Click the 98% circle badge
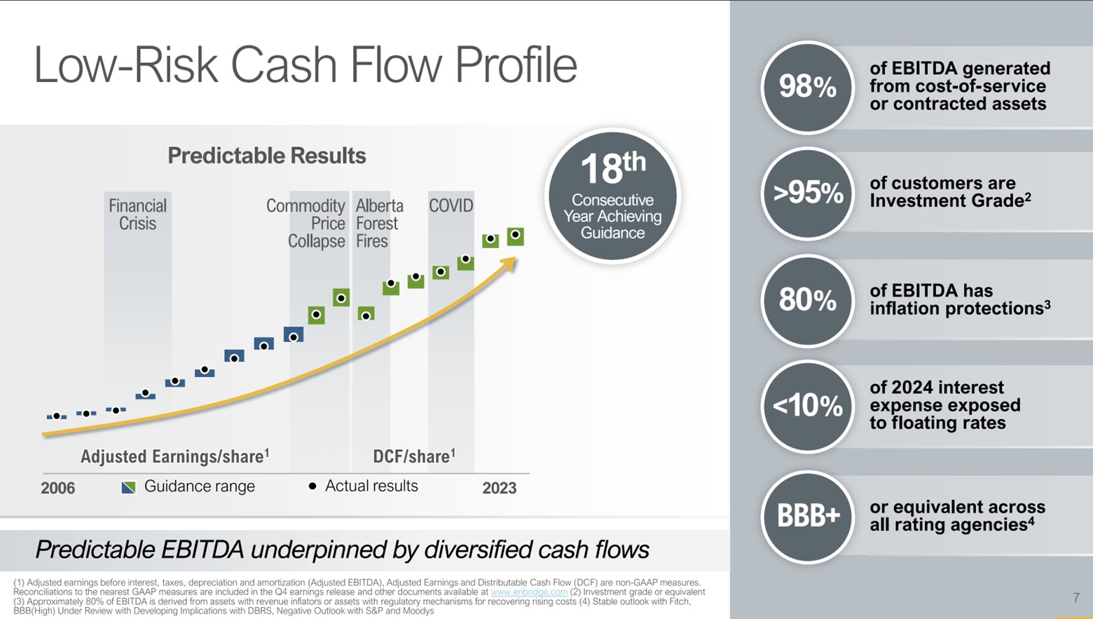(x=807, y=88)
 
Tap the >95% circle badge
(x=807, y=193)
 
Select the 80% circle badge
(x=807, y=300)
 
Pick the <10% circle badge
(x=807, y=406)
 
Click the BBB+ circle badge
(x=807, y=517)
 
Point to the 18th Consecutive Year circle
(x=612, y=196)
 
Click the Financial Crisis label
(x=137, y=215)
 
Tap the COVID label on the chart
(x=451, y=206)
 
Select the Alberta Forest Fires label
(x=379, y=224)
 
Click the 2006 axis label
(x=57, y=488)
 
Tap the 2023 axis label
(x=499, y=488)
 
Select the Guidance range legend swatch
(x=128, y=487)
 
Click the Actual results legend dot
(x=312, y=486)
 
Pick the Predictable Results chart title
(x=266, y=156)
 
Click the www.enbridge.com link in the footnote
(x=529, y=592)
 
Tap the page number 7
(x=1076, y=597)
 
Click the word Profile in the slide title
(x=516, y=65)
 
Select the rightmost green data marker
(x=515, y=236)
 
